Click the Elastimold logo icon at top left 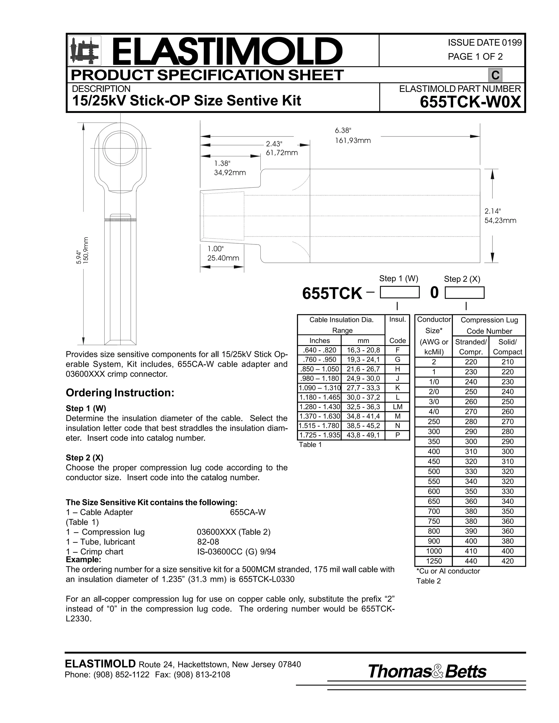84,50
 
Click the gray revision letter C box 495,75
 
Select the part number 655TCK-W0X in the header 470,102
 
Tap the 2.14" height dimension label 492,211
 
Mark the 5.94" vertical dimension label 79,258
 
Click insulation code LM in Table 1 397,407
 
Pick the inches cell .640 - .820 319,350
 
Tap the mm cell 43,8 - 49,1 363,435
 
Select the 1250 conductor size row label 433,561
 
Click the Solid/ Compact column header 507,347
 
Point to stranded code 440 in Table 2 471,561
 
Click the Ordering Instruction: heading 120,393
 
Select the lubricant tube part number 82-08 208,542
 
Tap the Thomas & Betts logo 427,672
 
